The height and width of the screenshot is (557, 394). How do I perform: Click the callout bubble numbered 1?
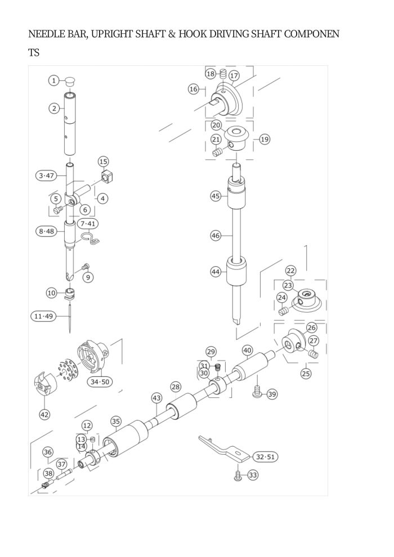(54, 80)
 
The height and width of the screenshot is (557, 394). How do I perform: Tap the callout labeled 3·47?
(46, 176)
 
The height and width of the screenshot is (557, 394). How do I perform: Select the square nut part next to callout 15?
(108, 178)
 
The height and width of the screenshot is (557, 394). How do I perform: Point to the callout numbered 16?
(194, 89)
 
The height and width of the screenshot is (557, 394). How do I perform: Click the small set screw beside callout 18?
(222, 75)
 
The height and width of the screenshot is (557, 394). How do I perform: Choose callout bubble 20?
(216, 125)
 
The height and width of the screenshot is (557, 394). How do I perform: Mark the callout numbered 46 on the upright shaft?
(216, 236)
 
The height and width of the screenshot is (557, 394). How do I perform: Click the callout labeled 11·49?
(43, 316)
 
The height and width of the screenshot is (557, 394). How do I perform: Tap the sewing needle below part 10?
(70, 318)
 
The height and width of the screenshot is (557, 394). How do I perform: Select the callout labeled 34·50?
(100, 382)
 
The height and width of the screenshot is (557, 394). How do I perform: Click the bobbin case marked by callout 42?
(44, 385)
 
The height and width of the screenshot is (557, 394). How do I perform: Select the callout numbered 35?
(115, 421)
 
